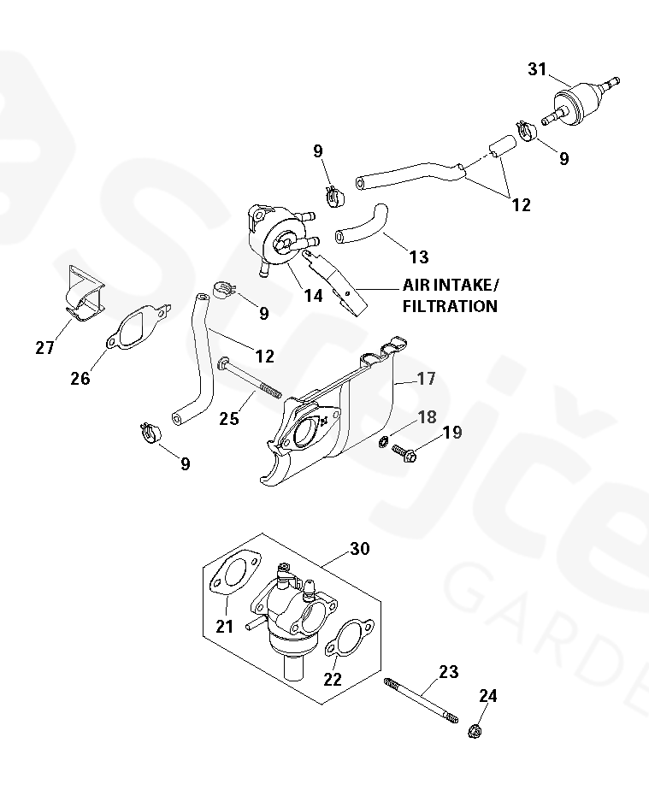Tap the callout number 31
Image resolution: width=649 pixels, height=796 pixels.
tap(537, 69)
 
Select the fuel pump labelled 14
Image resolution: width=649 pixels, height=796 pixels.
tap(280, 234)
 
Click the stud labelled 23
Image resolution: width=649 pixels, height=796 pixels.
tap(421, 700)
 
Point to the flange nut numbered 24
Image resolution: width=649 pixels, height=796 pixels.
tap(474, 732)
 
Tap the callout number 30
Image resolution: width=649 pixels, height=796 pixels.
tap(360, 548)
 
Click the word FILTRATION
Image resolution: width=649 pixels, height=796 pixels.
tap(450, 306)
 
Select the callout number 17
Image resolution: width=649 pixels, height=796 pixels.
tap(426, 377)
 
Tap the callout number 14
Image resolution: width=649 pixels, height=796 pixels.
tap(313, 295)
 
